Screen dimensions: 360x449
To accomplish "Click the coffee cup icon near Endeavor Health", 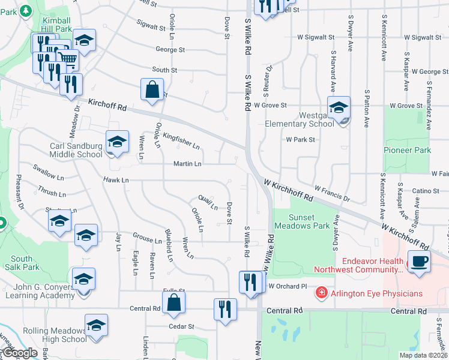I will point(418,262).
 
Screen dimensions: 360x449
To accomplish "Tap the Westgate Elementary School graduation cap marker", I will point(339,107).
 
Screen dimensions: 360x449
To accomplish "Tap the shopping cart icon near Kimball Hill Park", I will point(68,61).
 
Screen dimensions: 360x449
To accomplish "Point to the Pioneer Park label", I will point(408,150).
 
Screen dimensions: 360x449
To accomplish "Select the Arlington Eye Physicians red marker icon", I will point(322,293).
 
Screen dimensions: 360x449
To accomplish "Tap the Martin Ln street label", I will point(187,163).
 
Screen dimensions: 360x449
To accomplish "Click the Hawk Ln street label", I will point(116,179).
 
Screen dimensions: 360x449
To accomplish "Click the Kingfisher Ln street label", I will point(181,141).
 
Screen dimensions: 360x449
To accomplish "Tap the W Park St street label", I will point(300,139).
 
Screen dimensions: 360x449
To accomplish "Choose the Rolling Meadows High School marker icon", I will point(96,325).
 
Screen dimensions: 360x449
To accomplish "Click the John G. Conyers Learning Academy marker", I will point(83,279).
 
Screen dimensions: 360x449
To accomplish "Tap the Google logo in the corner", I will point(20,353).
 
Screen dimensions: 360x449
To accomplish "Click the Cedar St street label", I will point(182,326).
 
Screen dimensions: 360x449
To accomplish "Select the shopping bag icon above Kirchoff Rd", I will point(152,90).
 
